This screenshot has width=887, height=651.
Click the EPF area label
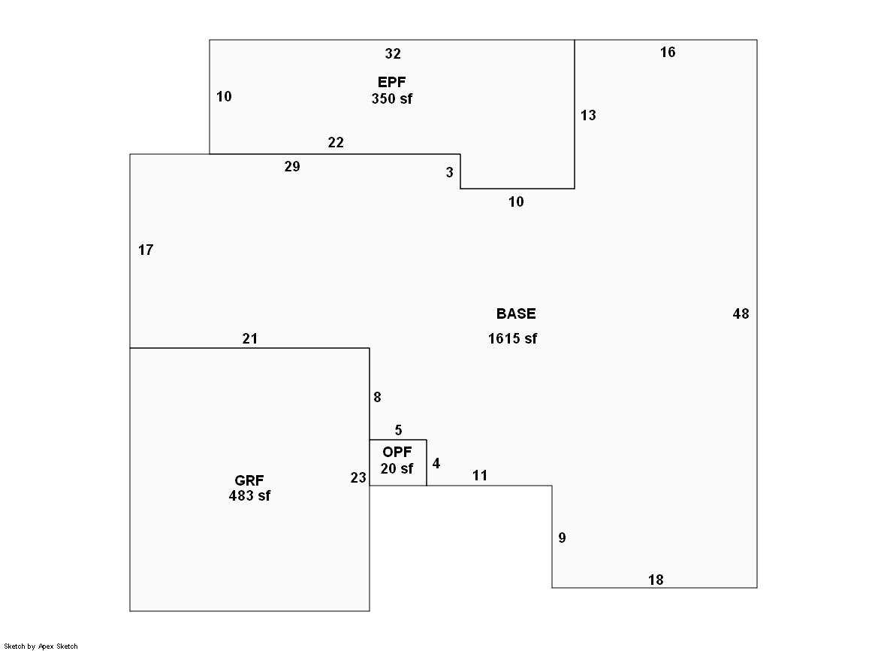click(392, 81)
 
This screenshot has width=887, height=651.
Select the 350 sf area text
click(392, 98)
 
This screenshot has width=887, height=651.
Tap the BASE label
click(516, 313)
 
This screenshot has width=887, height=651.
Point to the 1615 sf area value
click(513, 338)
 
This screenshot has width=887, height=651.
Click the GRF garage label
click(249, 480)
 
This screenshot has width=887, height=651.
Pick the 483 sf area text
click(249, 495)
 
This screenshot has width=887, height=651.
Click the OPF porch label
click(397, 452)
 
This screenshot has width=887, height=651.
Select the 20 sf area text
click(397, 468)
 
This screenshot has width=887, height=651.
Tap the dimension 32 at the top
click(393, 53)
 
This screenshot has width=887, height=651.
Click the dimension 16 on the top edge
click(668, 52)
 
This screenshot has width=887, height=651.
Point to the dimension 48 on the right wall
click(741, 314)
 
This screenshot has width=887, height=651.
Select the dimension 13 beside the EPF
click(588, 115)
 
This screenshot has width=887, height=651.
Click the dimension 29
click(292, 167)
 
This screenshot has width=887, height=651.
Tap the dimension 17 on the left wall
click(146, 250)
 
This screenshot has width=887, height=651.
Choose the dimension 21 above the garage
click(250, 339)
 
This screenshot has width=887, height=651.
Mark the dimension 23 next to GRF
click(358, 477)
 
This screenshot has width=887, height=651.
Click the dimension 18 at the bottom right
click(656, 580)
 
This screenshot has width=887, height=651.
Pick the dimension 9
click(562, 537)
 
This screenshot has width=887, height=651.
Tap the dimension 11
click(480, 475)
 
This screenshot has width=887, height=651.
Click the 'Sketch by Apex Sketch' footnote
click(41, 646)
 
